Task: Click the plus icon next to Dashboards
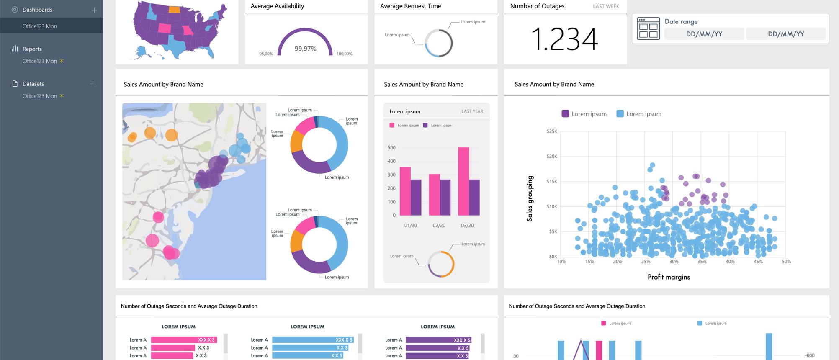[94, 10]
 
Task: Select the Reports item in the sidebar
[32, 49]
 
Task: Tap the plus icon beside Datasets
[93, 84]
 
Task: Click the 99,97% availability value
[305, 49]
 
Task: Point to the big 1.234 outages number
[564, 39]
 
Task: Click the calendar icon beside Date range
[648, 28]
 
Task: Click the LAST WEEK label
[606, 6]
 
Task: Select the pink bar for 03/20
[463, 181]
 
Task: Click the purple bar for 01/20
[416, 197]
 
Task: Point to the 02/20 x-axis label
[439, 226]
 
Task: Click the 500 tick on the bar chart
[391, 148]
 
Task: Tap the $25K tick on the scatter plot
[552, 131]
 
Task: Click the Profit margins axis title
[669, 277]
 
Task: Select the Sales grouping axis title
[530, 198]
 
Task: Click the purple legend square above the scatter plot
[565, 114]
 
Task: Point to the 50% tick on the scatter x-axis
[786, 262]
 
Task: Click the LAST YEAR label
[472, 111]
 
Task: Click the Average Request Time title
[410, 6]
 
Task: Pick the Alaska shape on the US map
[144, 52]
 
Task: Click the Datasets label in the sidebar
[33, 84]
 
